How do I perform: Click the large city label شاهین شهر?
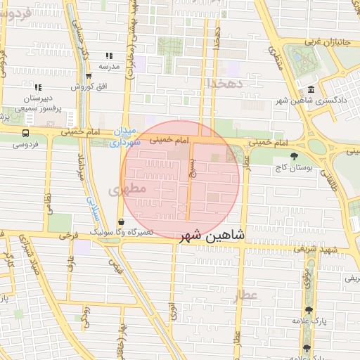pos(212,236)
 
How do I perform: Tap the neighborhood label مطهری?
pos(127,189)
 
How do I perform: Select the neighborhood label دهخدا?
pos(224,83)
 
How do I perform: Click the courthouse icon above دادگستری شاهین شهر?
pos(311,89)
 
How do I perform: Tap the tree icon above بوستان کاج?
pos(294,156)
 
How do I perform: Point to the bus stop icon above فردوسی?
pos(26,132)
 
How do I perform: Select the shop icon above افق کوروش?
pos(88,76)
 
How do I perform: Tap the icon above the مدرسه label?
pos(109,56)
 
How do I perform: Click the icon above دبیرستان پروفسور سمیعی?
pos(38,88)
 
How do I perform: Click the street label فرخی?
pos(68,237)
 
